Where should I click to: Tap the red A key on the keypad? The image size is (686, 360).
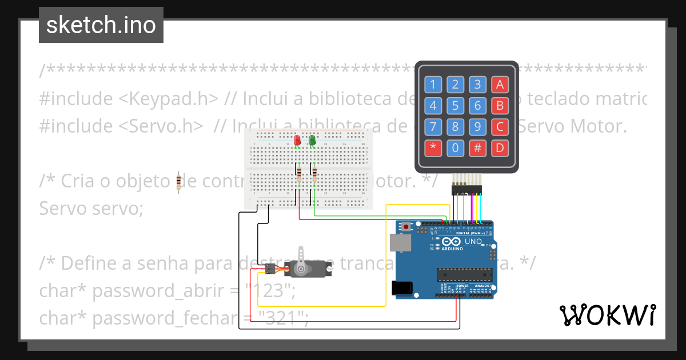pyautogui.click(x=500, y=85)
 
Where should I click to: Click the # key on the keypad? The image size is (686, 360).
pyautogui.click(x=477, y=149)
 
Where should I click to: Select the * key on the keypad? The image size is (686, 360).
pyautogui.click(x=433, y=149)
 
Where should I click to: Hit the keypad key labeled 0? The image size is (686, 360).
pyautogui.click(x=455, y=149)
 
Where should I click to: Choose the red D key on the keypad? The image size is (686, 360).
pyautogui.click(x=500, y=149)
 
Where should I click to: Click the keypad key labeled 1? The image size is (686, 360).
pyautogui.click(x=433, y=85)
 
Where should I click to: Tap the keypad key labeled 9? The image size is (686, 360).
pyautogui.click(x=477, y=127)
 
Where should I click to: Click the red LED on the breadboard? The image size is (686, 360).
pyautogui.click(x=297, y=140)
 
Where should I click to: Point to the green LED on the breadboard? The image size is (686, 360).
pyautogui.click(x=312, y=140)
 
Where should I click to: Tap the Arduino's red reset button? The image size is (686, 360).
pyautogui.click(x=406, y=227)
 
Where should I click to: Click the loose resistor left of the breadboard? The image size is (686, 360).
pyautogui.click(x=179, y=182)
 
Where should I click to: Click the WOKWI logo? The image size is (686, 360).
pyautogui.click(x=607, y=315)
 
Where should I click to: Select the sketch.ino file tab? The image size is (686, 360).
pyautogui.click(x=101, y=25)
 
